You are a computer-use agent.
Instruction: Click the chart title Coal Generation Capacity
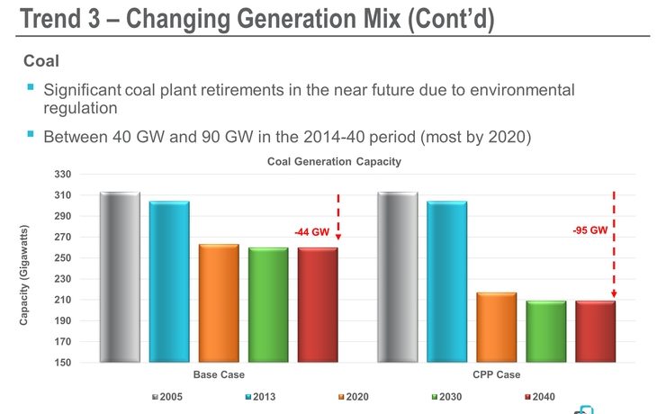click(x=333, y=162)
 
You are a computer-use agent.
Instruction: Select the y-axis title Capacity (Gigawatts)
click(x=26, y=269)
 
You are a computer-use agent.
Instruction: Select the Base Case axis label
click(x=219, y=374)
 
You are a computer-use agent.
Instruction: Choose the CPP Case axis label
click(x=498, y=374)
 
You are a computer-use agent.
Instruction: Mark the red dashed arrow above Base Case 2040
click(x=337, y=216)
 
